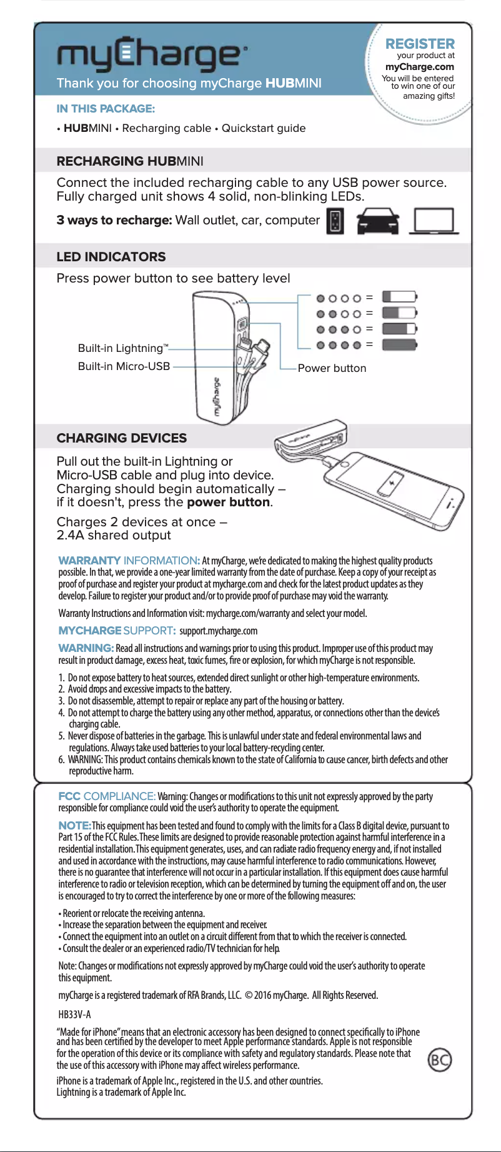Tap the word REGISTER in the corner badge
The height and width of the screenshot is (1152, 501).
[x=420, y=44]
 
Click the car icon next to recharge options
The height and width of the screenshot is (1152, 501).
[x=377, y=221]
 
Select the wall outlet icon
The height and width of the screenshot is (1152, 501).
[x=335, y=222]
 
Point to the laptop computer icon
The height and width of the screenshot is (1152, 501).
[x=434, y=222]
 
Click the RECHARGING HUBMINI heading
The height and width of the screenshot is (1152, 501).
[x=130, y=161]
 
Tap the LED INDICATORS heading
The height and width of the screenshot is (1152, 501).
[x=111, y=257]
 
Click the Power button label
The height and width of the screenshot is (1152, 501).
[x=332, y=368]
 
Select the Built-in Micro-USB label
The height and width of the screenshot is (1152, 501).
[x=124, y=366]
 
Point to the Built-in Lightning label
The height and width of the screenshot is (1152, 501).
[x=122, y=348]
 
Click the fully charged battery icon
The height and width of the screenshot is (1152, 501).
[x=399, y=344]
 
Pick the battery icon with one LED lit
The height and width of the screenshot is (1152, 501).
[x=399, y=297]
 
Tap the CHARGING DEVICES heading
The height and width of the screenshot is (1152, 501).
[x=122, y=438]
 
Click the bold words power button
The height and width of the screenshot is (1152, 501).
[x=228, y=503]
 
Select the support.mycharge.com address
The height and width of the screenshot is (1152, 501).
[x=219, y=631]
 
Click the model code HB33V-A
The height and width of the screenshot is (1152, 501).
[x=74, y=1014]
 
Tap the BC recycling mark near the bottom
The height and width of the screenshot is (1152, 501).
[x=440, y=1059]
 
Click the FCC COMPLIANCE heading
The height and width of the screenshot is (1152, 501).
[x=107, y=796]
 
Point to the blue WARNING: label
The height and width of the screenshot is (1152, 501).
[x=86, y=648]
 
